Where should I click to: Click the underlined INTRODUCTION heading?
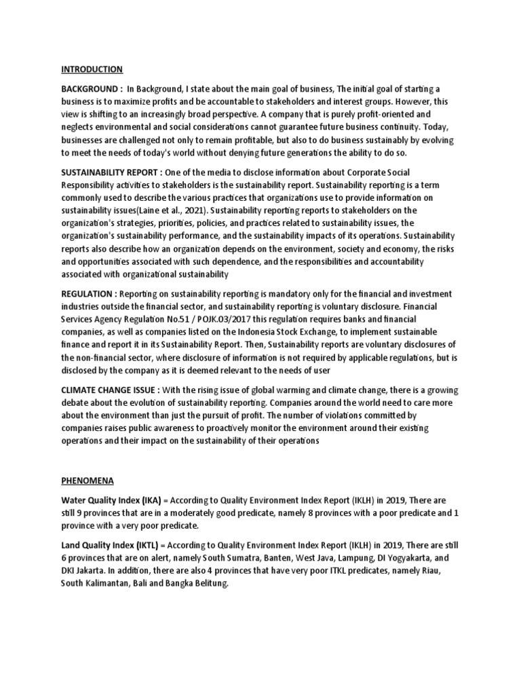(92, 69)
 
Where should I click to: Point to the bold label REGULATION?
(89, 293)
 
